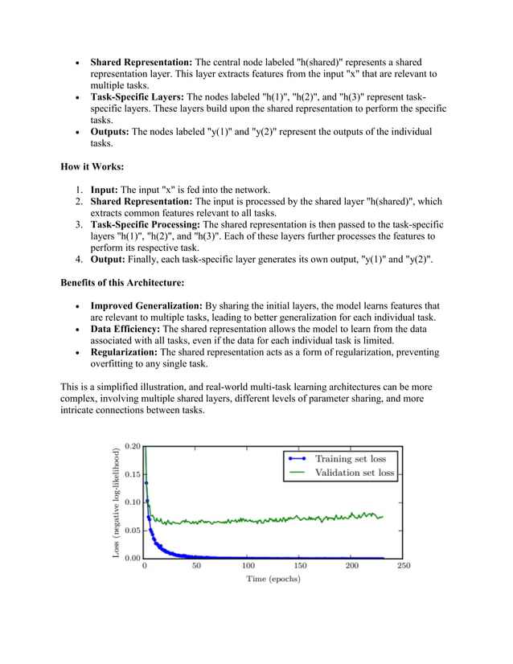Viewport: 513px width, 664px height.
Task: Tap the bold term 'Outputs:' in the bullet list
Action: tap(109, 131)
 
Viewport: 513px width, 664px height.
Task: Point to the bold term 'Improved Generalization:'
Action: tap(146, 305)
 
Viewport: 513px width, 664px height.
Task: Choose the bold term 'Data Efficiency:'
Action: tap(124, 329)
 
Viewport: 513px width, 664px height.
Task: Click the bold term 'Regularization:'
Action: tap(124, 352)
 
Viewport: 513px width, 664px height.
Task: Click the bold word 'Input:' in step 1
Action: tap(105, 190)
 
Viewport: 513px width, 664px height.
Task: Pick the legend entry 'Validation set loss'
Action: tap(354, 473)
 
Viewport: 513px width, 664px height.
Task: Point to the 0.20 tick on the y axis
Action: tap(132, 446)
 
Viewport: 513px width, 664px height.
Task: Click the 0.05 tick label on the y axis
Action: tap(132, 530)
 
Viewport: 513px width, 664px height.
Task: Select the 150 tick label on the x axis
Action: tap(300, 566)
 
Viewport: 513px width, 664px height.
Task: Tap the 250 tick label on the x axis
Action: tap(403, 566)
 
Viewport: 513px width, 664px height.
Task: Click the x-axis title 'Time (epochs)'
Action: tap(273, 578)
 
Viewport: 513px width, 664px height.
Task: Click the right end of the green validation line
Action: tap(383, 516)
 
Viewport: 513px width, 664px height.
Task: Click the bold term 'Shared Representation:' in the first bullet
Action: tap(141, 62)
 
